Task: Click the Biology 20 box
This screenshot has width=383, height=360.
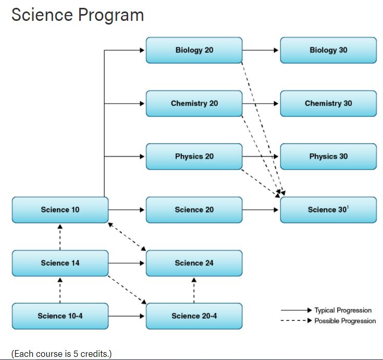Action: click(194, 50)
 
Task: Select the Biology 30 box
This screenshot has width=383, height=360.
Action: click(328, 50)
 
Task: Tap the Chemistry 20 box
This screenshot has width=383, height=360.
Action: click(194, 103)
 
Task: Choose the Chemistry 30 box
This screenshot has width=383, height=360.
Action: click(328, 103)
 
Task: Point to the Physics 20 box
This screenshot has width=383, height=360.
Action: click(194, 157)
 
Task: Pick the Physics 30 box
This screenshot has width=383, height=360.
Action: click(328, 157)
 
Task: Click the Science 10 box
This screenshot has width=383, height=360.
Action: click(60, 210)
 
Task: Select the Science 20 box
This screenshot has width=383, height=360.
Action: click(194, 210)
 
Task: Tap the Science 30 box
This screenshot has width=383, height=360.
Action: click(328, 210)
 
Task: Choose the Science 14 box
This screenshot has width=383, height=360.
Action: click(60, 263)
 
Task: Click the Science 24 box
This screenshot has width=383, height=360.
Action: click(194, 263)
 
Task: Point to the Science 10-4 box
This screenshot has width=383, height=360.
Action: click(60, 316)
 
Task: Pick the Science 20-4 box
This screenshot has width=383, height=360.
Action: click(194, 316)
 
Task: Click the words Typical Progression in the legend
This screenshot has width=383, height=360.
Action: click(343, 310)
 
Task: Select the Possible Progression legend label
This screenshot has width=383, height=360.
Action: click(345, 321)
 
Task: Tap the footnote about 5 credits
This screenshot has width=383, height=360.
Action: click(61, 354)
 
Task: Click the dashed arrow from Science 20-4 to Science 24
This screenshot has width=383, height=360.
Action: click(194, 290)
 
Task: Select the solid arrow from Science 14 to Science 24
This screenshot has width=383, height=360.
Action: click(127, 263)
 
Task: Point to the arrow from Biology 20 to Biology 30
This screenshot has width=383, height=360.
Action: click(261, 50)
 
